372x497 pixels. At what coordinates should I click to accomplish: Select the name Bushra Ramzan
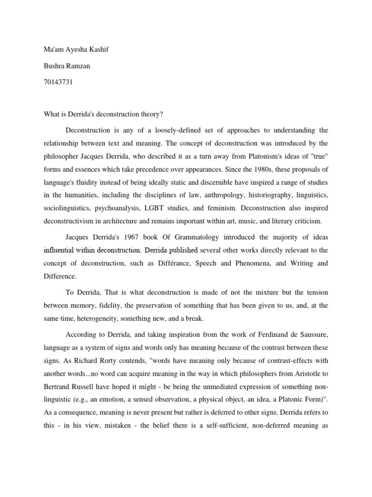click(x=63, y=66)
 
